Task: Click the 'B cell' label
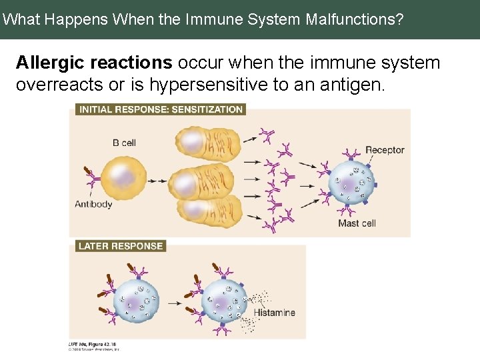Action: pyautogui.click(x=124, y=143)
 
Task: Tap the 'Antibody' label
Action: pyautogui.click(x=93, y=204)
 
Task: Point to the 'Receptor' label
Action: pyautogui.click(x=385, y=150)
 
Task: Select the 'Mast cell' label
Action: pyautogui.click(x=357, y=223)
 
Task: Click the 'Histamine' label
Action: pyautogui.click(x=274, y=313)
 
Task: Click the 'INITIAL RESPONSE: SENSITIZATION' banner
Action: pyautogui.click(x=161, y=109)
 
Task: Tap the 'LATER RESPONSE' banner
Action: pyautogui.click(x=120, y=246)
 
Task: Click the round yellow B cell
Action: pyautogui.click(x=123, y=178)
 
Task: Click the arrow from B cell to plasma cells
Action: pyautogui.click(x=158, y=181)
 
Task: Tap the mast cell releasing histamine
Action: pyautogui.click(x=224, y=301)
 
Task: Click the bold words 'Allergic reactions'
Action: pyautogui.click(x=94, y=63)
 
